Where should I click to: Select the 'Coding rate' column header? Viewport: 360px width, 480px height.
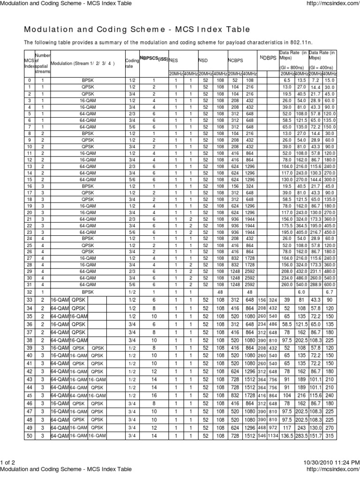pos(130,63)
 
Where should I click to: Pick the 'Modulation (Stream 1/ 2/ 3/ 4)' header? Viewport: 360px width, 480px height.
pos(82,63)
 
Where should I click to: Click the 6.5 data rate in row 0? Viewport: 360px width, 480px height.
pos(286,81)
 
